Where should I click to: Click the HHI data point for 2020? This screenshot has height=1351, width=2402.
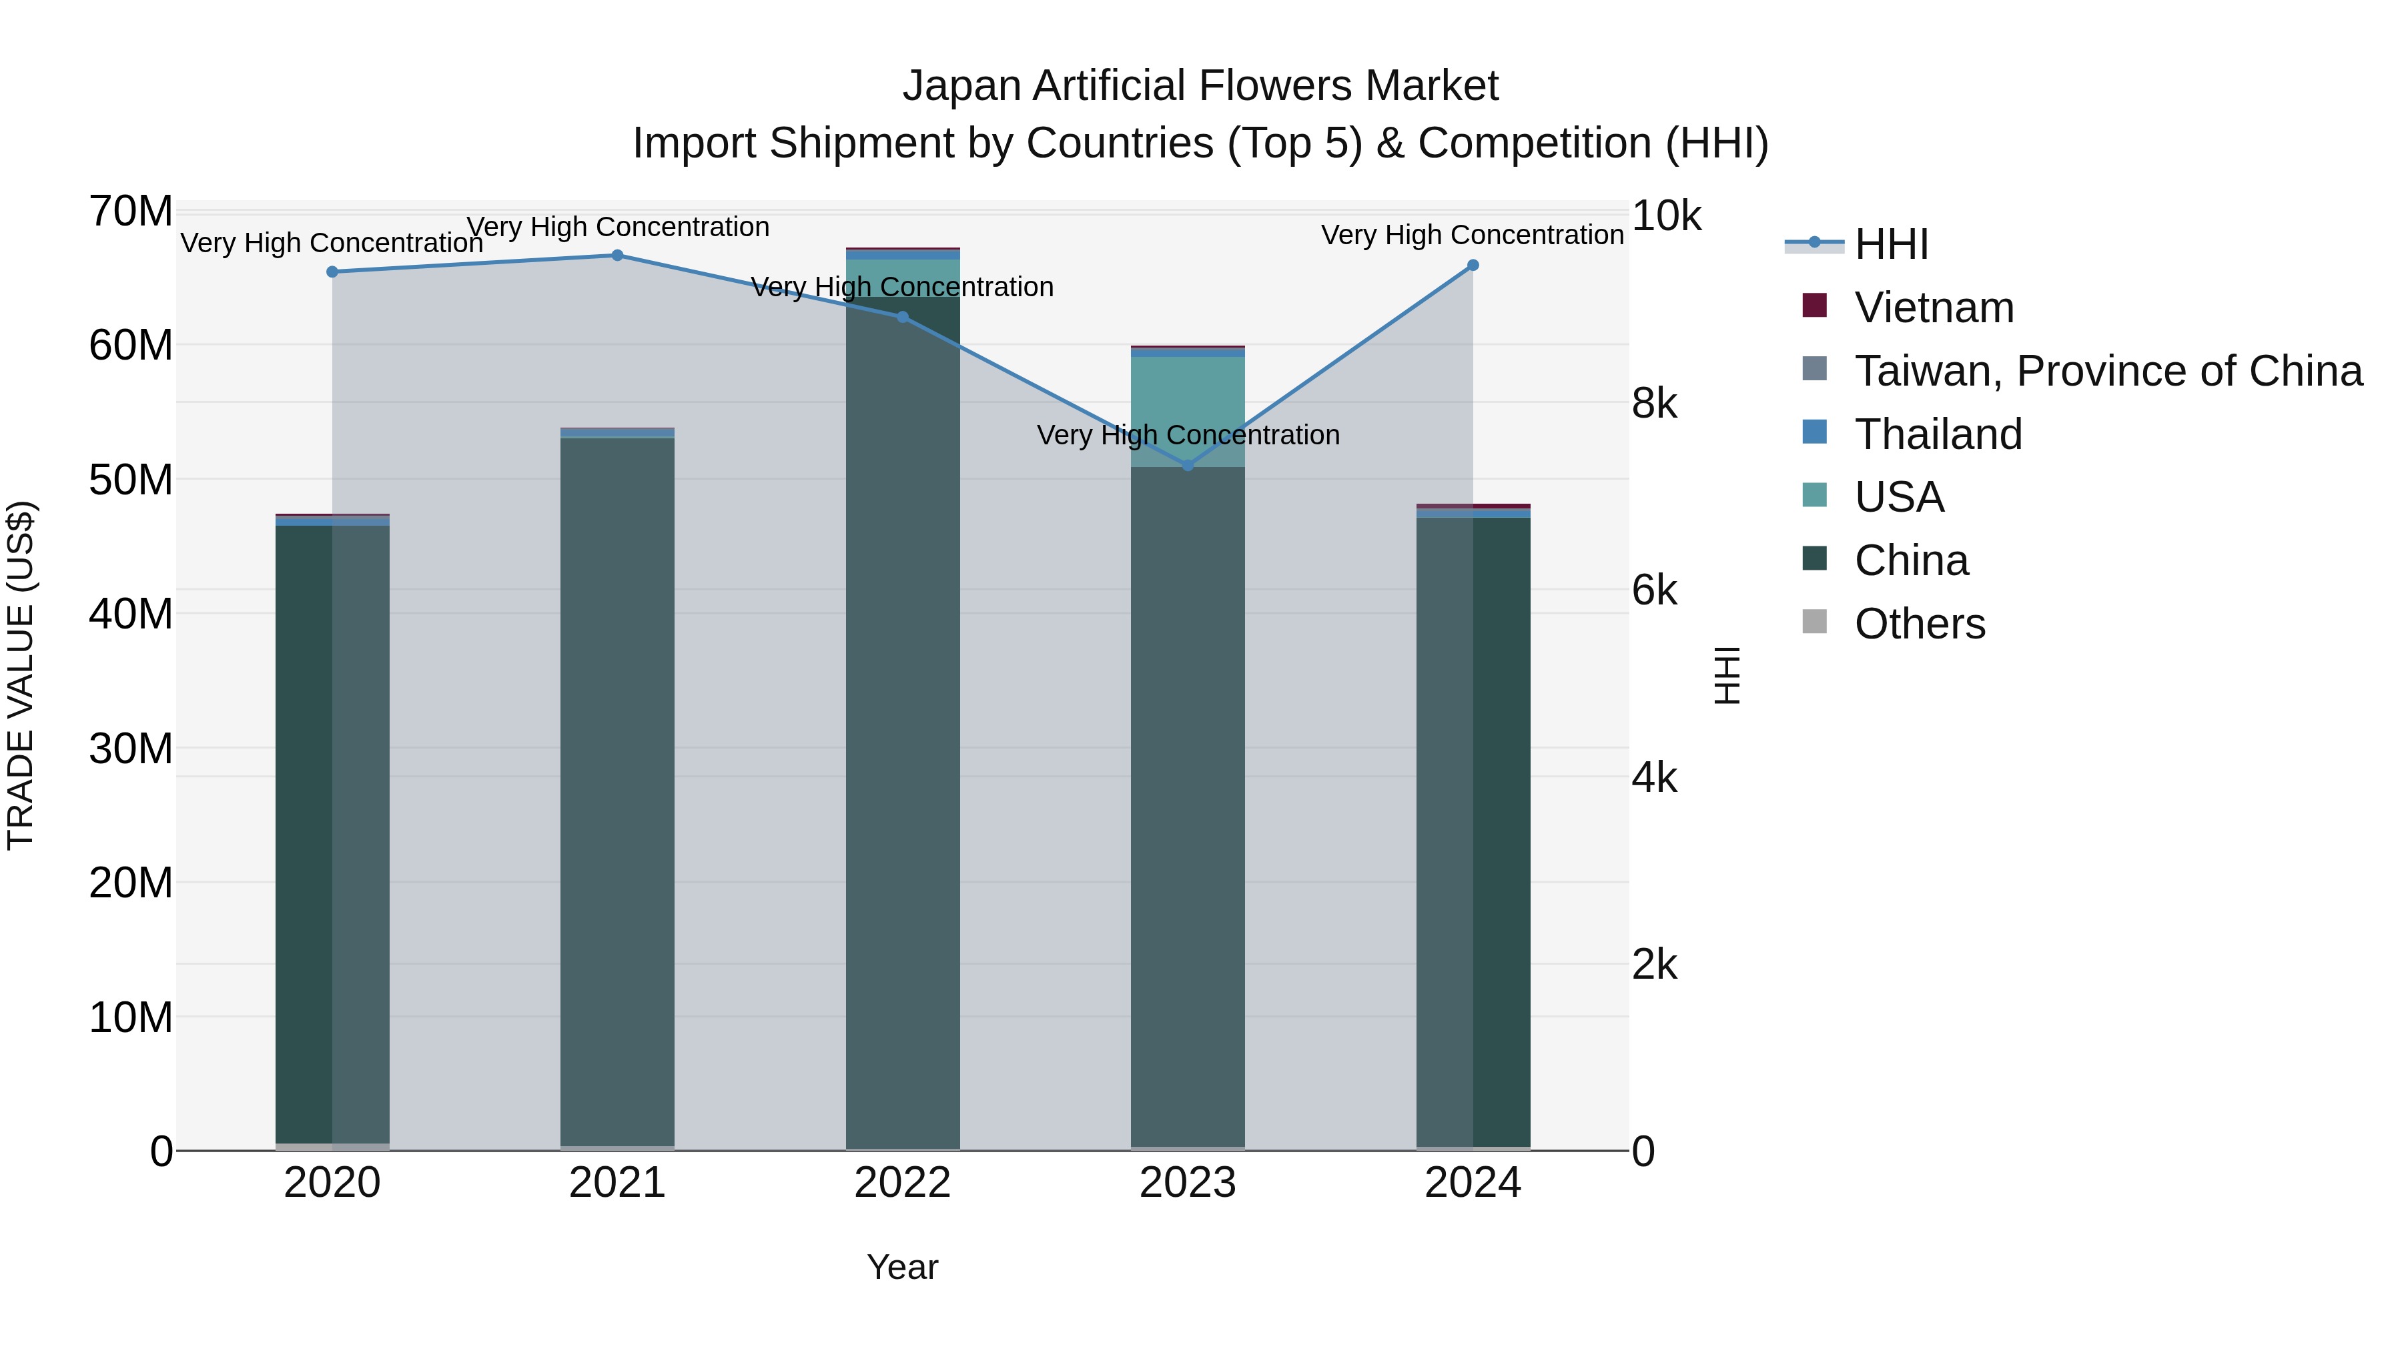[332, 272]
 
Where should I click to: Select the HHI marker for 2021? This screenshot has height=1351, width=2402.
[617, 256]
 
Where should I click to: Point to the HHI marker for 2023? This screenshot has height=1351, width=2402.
[1188, 465]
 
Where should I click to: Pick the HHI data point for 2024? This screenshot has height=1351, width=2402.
[1473, 266]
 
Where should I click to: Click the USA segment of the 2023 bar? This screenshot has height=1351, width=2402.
[1188, 410]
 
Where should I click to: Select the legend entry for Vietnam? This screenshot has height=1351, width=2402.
[1934, 308]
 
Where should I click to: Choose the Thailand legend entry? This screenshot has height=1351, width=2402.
[1938, 434]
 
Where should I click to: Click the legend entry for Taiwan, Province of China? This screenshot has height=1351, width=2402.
[2107, 371]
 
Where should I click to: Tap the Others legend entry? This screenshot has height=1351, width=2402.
[1919, 624]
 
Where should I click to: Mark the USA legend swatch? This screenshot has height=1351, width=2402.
[1815, 495]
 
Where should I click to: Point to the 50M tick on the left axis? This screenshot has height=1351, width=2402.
[131, 480]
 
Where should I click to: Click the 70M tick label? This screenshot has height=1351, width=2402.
[131, 211]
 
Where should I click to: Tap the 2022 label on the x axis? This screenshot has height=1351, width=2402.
[903, 1183]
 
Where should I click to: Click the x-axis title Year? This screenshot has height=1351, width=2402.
[903, 1267]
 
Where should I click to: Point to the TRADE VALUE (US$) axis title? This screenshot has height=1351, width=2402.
[21, 675]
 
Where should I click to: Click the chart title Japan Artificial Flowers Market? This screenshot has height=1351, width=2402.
[1200, 86]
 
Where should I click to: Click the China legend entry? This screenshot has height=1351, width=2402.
[1911, 560]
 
